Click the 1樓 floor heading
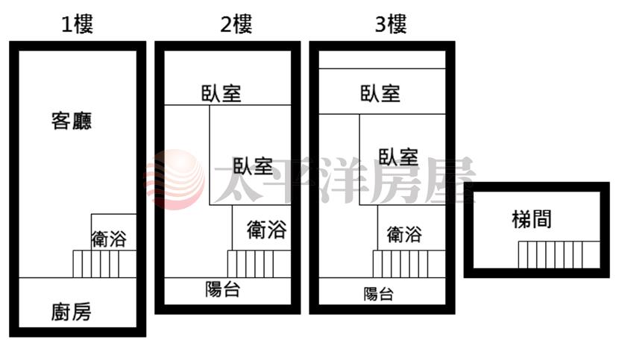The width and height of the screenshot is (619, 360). [x=77, y=24]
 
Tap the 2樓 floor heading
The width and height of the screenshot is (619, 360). [x=236, y=24]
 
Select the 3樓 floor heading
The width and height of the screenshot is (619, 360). [x=391, y=24]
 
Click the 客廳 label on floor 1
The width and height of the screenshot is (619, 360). [x=72, y=121]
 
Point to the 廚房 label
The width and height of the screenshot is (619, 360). [x=71, y=312]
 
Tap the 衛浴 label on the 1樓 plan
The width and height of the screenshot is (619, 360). [x=109, y=239]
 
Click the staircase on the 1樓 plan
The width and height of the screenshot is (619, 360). [x=104, y=264]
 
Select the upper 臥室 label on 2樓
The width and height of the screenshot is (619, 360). [x=221, y=94]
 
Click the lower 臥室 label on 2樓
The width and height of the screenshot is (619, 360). [x=253, y=165]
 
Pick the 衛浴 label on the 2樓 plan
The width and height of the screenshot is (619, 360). [x=267, y=230]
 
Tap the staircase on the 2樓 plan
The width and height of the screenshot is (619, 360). [x=259, y=264]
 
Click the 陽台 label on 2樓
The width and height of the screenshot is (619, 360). [x=223, y=289]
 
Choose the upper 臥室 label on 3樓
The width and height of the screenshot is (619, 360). [x=380, y=94]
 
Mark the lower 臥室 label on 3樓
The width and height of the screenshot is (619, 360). [x=398, y=157]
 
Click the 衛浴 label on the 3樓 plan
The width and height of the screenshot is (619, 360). [x=404, y=235]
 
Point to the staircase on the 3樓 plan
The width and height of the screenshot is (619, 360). [x=409, y=264]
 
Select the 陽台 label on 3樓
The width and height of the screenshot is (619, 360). [x=379, y=294]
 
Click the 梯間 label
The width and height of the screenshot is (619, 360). [x=531, y=219]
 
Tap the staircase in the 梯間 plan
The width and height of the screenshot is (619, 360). [x=559, y=255]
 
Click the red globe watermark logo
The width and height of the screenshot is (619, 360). [x=175, y=180]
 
